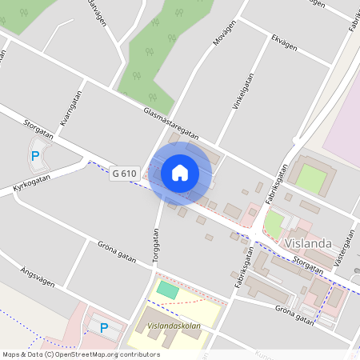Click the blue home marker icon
[x=180, y=172]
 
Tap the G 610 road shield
[x=125, y=173]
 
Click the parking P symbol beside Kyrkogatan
[x=34, y=156]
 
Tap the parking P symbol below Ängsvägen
[x=103, y=326]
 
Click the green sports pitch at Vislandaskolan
[x=168, y=290]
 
